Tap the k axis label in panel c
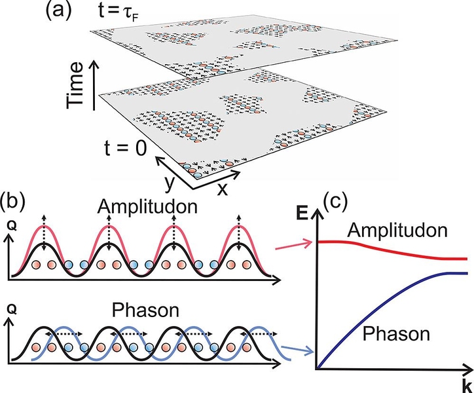pos(461,381)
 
